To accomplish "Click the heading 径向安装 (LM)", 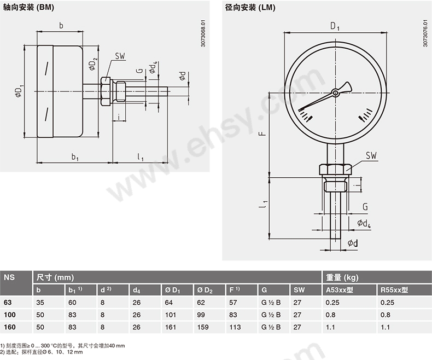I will [250, 8].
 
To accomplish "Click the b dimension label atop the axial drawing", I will [61, 25].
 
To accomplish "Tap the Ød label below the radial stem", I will [353, 242].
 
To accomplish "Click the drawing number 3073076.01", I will [425, 34].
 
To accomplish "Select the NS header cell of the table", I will [9, 277].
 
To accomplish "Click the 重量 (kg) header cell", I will [342, 277].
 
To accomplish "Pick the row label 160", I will [9, 327].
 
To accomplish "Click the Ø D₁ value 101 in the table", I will [169, 315].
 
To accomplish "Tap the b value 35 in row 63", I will [40, 302].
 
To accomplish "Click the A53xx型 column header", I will [340, 290].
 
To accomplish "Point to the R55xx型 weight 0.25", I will [387, 302].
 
